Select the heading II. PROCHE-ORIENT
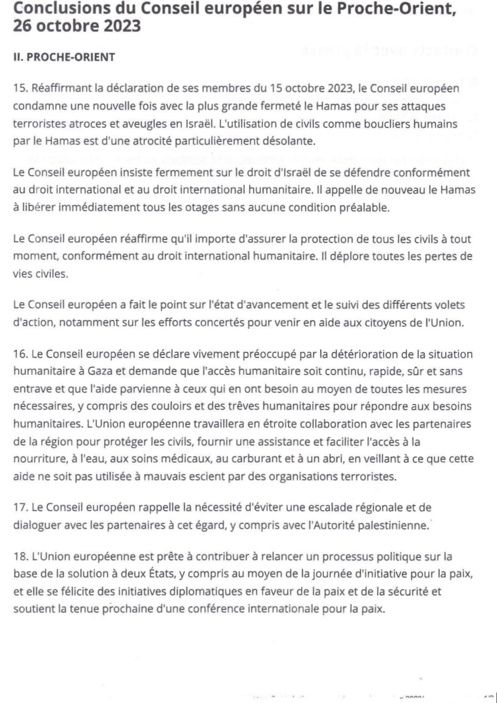(64, 57)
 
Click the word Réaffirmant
(60, 88)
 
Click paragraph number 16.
(21, 354)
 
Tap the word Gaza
(101, 372)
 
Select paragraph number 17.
(21, 508)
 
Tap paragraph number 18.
(21, 557)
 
